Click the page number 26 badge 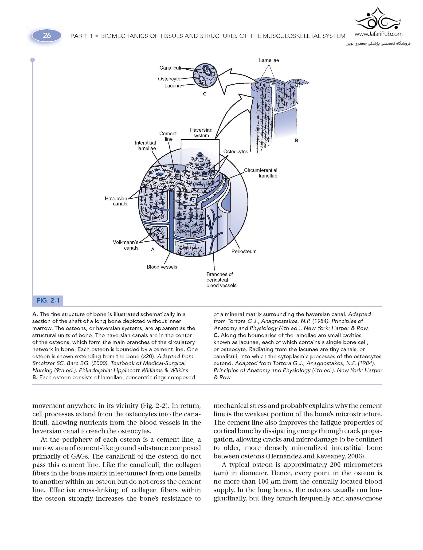tap(47, 35)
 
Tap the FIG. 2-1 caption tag tap(48, 300)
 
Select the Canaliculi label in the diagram tap(170, 68)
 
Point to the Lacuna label tap(172, 86)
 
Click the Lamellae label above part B tap(269, 60)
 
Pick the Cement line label tap(168, 136)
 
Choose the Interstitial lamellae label tap(145, 145)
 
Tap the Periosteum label tap(244, 251)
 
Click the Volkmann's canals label tap(126, 245)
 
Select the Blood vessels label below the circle tap(162, 267)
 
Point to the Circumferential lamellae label tap(261, 173)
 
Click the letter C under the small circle tap(205, 94)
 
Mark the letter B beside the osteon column tap(296, 141)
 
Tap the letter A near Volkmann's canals tap(153, 250)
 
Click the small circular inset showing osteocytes tap(205, 75)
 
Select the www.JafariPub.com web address tap(378, 34)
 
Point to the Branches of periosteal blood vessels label tap(221, 280)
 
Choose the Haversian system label tap(201, 133)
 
